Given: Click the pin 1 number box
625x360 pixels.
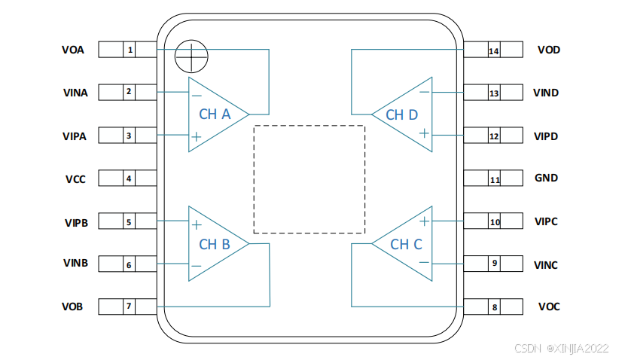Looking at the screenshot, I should coord(130,50).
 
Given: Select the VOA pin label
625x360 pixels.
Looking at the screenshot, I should coord(73,50).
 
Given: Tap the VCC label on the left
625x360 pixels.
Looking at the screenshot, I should coord(75,180).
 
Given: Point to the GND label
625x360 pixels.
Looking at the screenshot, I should coord(546,178).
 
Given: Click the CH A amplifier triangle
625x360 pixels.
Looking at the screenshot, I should coord(214,114).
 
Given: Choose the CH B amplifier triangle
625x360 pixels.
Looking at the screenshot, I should coord(214,244).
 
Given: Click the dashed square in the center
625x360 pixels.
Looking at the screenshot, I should coord(309,179).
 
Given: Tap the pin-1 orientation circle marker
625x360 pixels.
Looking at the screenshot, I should coord(191,54).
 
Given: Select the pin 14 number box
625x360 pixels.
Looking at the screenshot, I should coord(494,51).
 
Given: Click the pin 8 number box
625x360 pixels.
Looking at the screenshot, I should coord(494,307).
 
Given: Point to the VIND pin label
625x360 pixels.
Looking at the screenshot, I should coord(545,93).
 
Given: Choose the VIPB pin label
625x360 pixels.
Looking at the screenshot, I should coord(76,223).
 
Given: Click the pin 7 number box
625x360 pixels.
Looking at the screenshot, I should coord(130,307).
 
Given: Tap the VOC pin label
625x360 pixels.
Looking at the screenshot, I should coord(549,307).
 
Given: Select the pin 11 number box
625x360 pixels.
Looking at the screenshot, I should coord(494,180).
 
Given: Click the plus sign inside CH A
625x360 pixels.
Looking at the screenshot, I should coord(196,137).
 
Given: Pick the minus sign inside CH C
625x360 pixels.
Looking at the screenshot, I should coord(424,263).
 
